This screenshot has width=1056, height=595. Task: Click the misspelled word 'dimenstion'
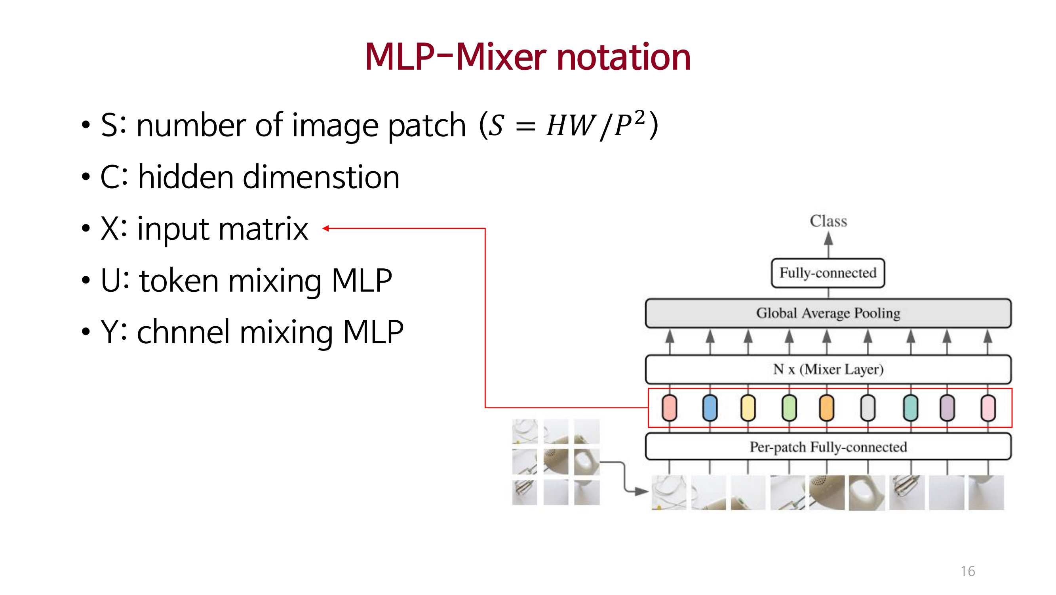click(321, 177)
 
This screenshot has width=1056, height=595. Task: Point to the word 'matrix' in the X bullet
click(263, 229)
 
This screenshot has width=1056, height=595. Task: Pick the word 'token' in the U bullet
click(179, 281)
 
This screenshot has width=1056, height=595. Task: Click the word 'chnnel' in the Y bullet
click(183, 332)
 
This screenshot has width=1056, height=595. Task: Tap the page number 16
click(967, 571)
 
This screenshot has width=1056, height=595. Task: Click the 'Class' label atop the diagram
click(828, 221)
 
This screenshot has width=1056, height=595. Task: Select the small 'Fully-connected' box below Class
click(828, 273)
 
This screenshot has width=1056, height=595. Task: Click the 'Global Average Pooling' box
click(828, 313)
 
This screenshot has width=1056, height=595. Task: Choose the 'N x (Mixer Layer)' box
click(828, 369)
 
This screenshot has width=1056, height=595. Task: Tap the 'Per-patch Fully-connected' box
click(828, 447)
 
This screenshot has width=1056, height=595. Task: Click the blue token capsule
click(710, 408)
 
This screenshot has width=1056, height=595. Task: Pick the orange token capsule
click(826, 408)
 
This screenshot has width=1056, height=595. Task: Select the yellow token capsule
click(748, 408)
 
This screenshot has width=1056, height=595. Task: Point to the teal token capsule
click(910, 408)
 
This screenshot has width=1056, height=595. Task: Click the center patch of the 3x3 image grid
click(556, 462)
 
